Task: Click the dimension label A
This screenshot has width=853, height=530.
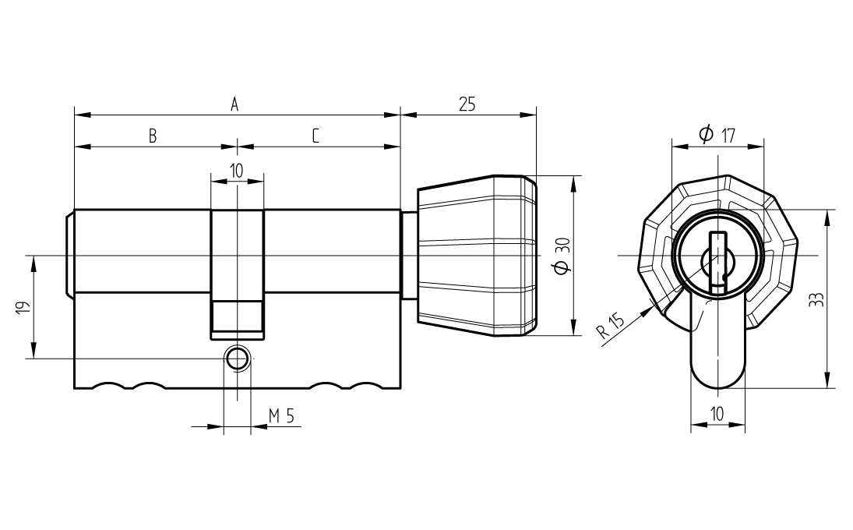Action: (234, 104)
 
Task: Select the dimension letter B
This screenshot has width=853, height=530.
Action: (153, 136)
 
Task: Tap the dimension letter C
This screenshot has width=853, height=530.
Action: (315, 136)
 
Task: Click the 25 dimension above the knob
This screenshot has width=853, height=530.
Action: (467, 104)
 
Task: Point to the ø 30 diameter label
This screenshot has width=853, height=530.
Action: (562, 255)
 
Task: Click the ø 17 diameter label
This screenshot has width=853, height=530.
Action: (717, 134)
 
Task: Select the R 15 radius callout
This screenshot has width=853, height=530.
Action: (612, 326)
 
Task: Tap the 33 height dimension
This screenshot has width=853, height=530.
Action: (816, 300)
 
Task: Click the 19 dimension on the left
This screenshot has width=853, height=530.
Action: (23, 307)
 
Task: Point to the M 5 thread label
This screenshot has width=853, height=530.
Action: (281, 416)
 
